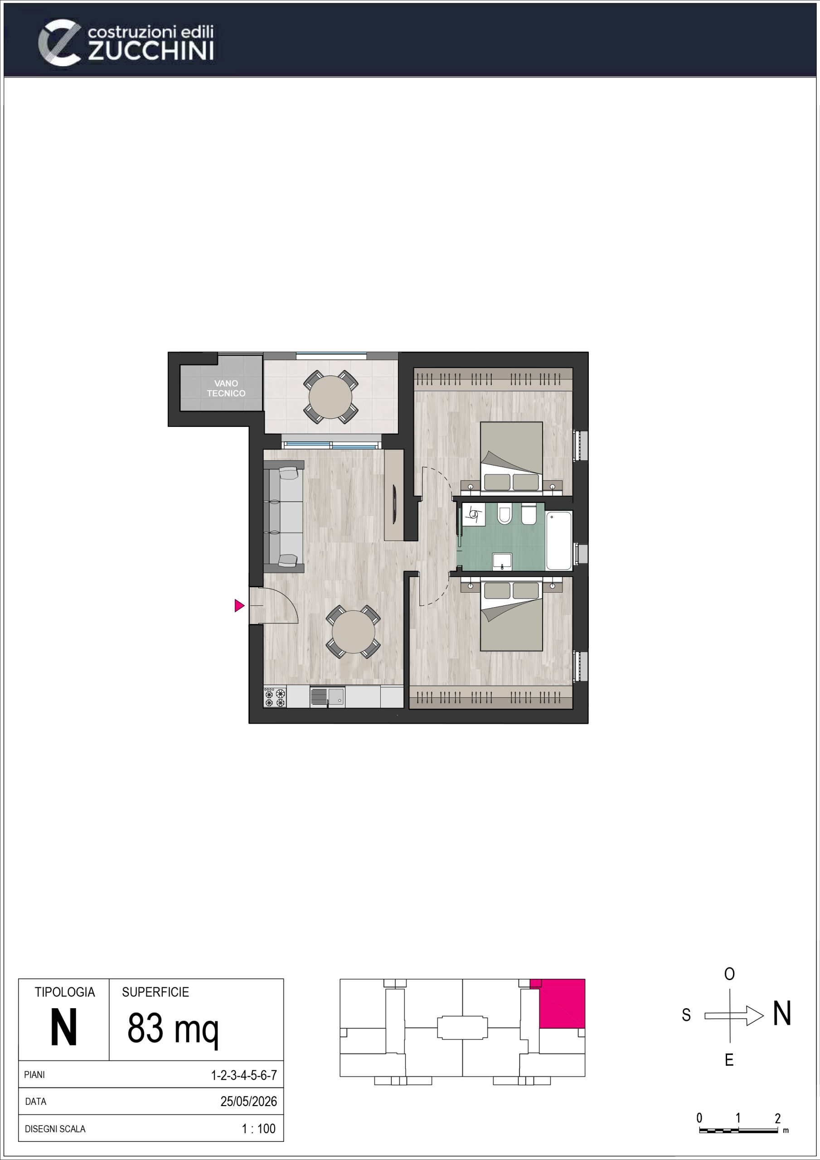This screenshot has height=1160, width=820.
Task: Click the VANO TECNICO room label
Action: (226, 388)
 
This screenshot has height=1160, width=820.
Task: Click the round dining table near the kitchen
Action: (354, 632)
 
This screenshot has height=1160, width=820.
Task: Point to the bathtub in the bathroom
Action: (558, 540)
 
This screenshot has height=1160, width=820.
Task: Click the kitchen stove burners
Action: (275, 697)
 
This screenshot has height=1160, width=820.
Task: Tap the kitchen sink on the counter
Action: (327, 697)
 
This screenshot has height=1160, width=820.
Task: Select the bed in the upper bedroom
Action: (511, 456)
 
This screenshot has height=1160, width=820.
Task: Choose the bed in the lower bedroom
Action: (511, 616)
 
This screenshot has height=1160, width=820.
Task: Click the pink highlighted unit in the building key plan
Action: (562, 1003)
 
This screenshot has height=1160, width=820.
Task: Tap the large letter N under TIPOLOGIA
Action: (64, 1028)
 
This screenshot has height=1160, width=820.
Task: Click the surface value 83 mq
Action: (173, 1029)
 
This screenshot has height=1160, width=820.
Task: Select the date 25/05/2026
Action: (248, 1102)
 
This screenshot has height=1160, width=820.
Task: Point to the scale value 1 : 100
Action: (258, 1129)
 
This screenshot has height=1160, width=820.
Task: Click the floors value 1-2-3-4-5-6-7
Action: (244, 1075)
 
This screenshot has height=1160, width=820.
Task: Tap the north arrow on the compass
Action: (734, 1015)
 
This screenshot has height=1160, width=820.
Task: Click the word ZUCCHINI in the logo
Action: (150, 51)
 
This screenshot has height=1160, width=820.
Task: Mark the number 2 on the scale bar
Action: (777, 1118)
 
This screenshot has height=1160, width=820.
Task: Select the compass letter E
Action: (729, 1060)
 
